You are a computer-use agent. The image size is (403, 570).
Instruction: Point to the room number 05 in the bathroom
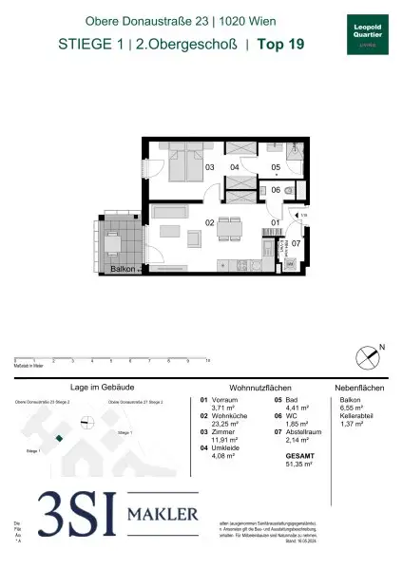(x=276, y=168)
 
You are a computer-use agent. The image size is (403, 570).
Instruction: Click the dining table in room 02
(x=229, y=229)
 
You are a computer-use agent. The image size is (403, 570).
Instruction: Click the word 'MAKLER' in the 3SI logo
(x=163, y=515)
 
